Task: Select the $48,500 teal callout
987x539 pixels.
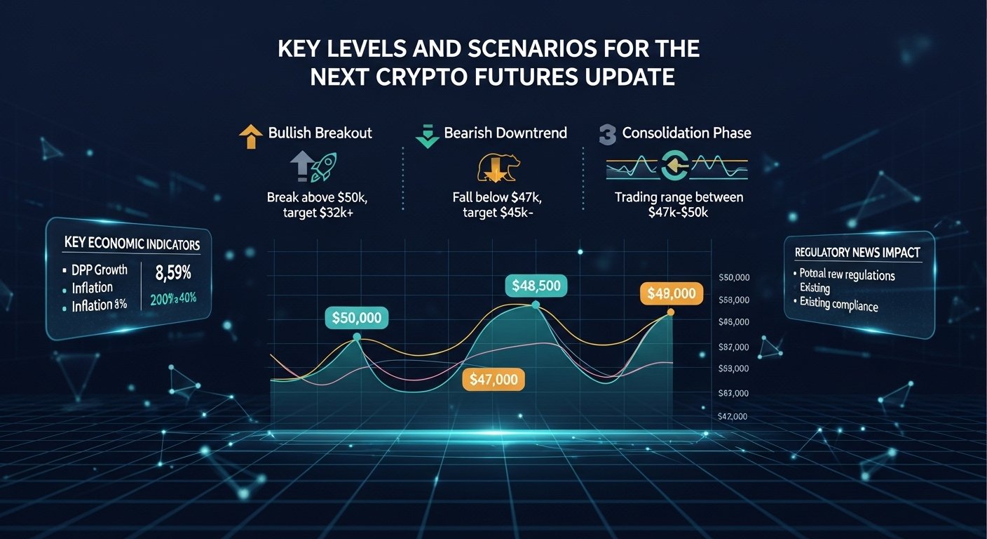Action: click(536, 286)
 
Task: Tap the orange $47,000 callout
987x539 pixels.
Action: click(494, 380)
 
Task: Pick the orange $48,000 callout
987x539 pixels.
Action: click(671, 293)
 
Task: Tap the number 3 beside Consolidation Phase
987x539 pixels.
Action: click(607, 133)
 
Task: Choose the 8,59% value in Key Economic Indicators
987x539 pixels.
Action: click(172, 271)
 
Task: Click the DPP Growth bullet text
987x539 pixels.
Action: click(100, 269)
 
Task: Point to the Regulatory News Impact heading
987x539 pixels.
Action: click(857, 253)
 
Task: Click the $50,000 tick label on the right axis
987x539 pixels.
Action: click(735, 278)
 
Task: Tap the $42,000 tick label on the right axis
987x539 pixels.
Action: click(733, 416)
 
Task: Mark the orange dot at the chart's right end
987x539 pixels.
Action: click(671, 312)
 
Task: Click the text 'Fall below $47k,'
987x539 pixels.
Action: click(498, 197)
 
